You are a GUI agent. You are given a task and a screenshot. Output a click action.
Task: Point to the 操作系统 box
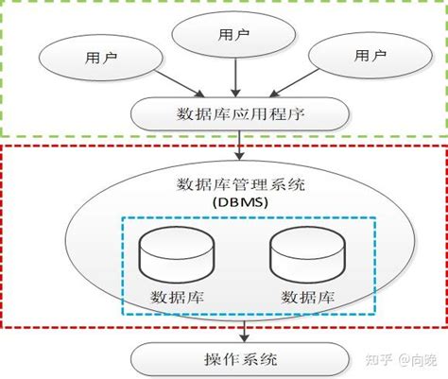241,358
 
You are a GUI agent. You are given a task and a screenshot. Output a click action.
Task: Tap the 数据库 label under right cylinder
307,297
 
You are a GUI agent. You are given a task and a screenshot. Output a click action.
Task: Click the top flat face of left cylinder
177,234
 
